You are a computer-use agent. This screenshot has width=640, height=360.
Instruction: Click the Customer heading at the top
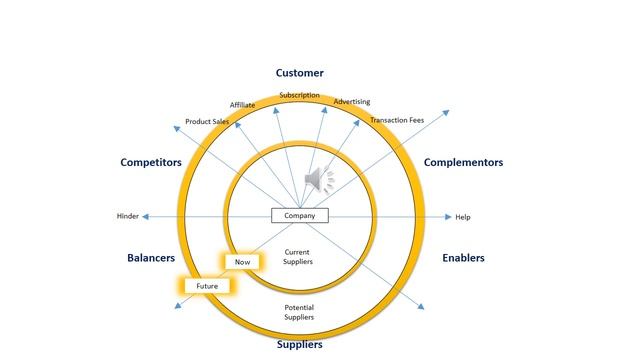300,73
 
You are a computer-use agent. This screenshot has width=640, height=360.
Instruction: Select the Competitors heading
151,162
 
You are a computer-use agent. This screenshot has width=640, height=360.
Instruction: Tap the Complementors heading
463,162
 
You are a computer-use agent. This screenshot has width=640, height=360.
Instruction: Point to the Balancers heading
151,257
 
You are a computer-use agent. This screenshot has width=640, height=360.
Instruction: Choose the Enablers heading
463,257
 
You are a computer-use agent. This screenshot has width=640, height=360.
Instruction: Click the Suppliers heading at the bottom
300,345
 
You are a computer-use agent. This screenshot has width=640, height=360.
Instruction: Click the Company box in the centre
300,216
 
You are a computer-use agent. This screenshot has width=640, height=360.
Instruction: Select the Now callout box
242,262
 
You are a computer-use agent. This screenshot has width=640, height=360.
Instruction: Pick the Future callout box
207,286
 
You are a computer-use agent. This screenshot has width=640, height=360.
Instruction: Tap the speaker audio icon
319,180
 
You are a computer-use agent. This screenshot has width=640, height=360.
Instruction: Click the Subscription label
300,96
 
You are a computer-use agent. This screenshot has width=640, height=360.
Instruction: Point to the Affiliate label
242,105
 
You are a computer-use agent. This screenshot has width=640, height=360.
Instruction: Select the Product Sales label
206,122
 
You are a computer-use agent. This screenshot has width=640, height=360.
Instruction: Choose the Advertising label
352,102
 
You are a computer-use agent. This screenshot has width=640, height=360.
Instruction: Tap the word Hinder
127,217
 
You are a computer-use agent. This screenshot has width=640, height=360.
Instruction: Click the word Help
463,217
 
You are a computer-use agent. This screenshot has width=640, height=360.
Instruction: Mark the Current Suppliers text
299,257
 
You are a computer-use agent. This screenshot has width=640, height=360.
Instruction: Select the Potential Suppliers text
299,312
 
